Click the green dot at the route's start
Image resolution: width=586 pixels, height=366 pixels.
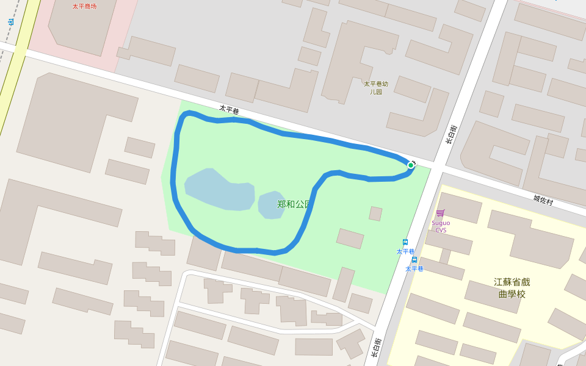[411, 165]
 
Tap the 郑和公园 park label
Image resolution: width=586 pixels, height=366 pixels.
[294, 204]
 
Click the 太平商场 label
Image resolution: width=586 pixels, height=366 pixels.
[84, 6]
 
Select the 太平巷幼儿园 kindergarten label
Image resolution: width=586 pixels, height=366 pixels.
[376, 87]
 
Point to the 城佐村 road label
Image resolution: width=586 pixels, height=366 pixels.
[542, 199]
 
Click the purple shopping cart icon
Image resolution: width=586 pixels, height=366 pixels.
[440, 213]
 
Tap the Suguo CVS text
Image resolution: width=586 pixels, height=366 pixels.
[441, 226]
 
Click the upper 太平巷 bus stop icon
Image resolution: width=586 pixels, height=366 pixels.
[405, 242]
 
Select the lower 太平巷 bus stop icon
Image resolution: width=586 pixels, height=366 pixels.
[414, 260]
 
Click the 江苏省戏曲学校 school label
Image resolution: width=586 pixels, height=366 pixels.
[512, 288]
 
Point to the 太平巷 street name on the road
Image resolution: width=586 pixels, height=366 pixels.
[229, 110]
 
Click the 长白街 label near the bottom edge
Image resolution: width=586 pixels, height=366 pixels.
[377, 348]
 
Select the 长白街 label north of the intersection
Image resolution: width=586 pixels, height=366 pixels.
[450, 134]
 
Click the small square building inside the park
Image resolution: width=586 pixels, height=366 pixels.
[375, 213]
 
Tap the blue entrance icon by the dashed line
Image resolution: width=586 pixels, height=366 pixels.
[10, 22]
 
